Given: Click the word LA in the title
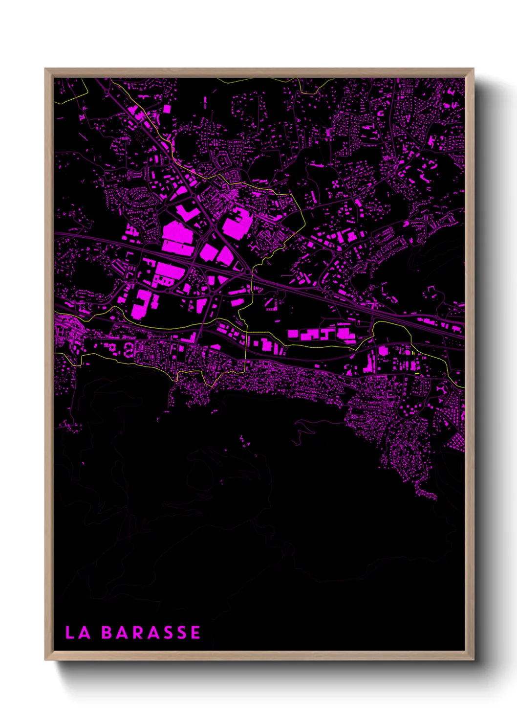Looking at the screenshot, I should tap(78, 633).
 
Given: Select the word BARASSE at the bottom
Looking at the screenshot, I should tap(151, 633).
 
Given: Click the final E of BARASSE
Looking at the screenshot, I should tap(195, 633).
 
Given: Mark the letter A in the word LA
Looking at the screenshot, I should tap(84, 633).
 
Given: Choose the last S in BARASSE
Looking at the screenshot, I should tap(181, 633).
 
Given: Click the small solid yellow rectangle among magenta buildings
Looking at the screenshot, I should tap(417, 374).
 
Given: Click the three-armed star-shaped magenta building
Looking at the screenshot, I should tap(442, 390).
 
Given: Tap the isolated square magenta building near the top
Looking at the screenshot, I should tap(167, 109).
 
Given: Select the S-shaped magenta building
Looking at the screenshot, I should tap(129, 349).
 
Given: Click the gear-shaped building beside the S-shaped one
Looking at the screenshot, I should tap(111, 347).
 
